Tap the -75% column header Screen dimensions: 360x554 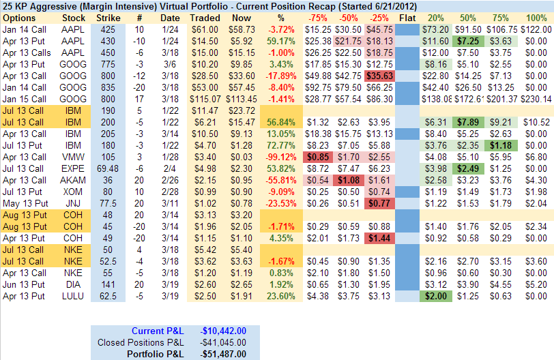tap(316, 16)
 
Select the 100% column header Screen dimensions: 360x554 tap(535, 16)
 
